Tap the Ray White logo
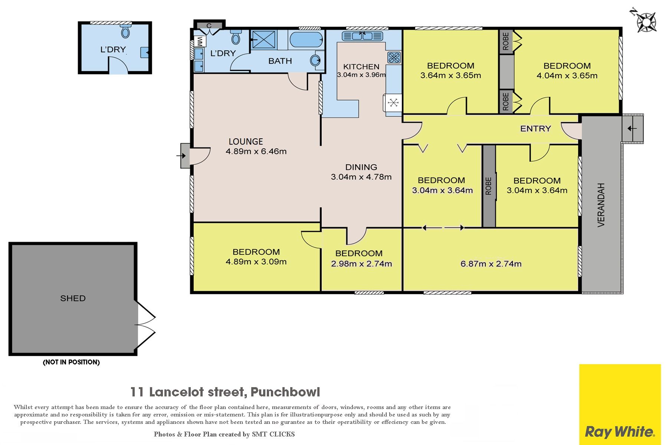tap(620, 404)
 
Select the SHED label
tap(73, 298)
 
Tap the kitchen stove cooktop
tap(394, 57)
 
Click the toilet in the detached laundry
tap(125, 31)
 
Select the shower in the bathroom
tap(263, 40)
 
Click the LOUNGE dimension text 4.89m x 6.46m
tap(256, 151)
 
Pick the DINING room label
tap(361, 167)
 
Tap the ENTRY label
tap(536, 129)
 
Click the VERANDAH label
tap(601, 205)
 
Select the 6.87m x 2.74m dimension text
tap(491, 264)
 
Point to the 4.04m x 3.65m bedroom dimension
tap(567, 76)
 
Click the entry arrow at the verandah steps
tap(632, 129)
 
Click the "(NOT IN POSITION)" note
tap(71, 362)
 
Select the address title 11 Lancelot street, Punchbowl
tap(225, 392)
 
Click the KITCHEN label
tap(361, 67)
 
